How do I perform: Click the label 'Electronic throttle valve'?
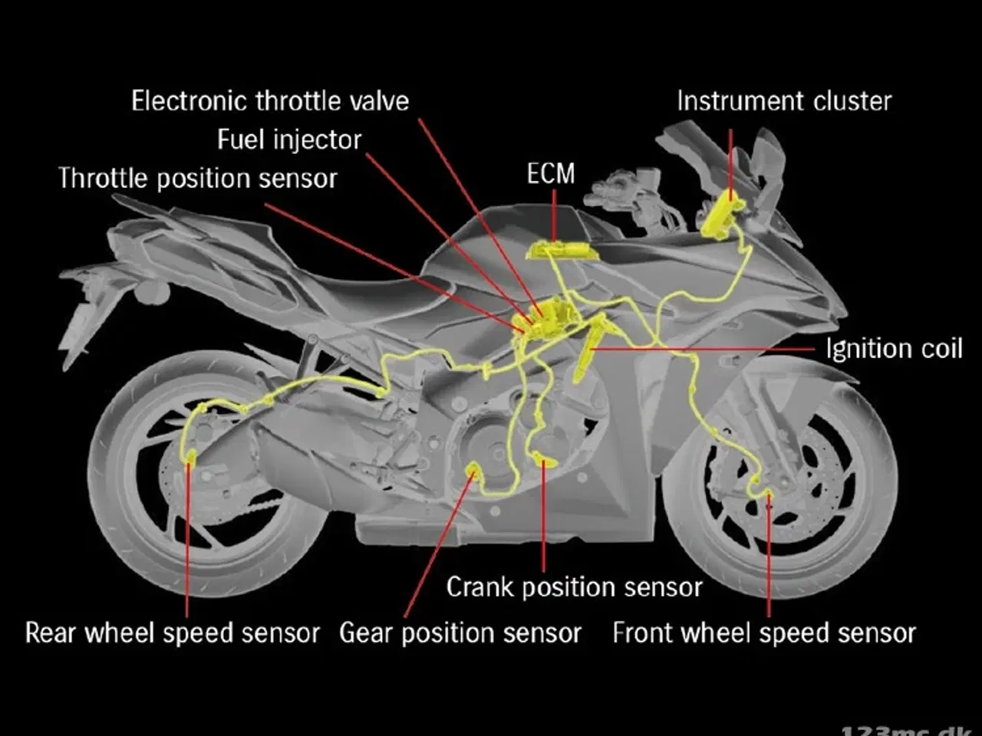(x=270, y=101)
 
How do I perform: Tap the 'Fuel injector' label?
(x=289, y=140)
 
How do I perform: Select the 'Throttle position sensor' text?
(x=198, y=179)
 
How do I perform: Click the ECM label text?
(x=551, y=173)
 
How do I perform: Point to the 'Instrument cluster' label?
(x=784, y=101)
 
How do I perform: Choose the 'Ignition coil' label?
(x=894, y=349)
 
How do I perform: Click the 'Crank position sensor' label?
(x=574, y=586)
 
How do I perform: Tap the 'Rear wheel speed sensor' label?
(x=173, y=632)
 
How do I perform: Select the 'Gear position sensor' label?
(x=460, y=633)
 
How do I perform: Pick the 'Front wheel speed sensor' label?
(x=764, y=633)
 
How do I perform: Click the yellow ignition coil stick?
(x=588, y=349)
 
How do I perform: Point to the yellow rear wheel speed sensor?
(x=190, y=456)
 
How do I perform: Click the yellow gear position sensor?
(x=472, y=469)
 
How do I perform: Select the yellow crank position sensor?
(x=545, y=459)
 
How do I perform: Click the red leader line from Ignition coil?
(x=702, y=349)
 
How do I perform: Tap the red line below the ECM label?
(x=555, y=216)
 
